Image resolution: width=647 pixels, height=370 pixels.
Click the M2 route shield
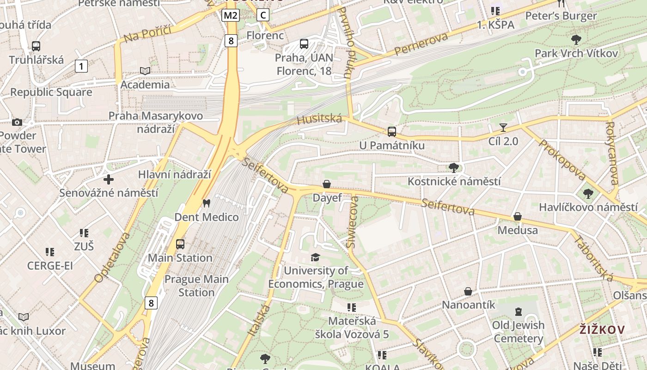(231, 15)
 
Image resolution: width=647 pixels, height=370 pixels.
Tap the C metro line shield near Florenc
(262, 15)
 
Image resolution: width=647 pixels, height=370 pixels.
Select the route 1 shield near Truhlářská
(81, 66)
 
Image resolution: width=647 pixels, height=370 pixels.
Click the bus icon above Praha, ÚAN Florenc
(304, 44)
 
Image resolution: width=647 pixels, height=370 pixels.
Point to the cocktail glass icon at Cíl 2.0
(503, 127)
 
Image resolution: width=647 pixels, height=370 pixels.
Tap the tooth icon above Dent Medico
(207, 203)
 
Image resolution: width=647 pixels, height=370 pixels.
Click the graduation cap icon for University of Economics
(316, 257)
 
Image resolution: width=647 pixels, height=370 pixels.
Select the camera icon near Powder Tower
(17, 122)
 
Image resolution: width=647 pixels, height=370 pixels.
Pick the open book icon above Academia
(145, 71)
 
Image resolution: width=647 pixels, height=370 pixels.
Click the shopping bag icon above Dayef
(327, 184)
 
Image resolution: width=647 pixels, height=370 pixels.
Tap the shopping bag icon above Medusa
(518, 216)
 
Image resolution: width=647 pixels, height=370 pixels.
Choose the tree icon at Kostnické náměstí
(453, 167)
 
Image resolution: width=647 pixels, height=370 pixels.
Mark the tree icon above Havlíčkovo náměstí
(588, 193)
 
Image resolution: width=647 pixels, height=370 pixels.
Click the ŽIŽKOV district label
(602, 330)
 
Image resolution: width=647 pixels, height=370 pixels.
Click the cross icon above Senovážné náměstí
(109, 179)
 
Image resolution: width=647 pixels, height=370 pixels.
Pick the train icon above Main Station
(180, 244)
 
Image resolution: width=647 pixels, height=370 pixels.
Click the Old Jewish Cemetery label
(518, 332)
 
